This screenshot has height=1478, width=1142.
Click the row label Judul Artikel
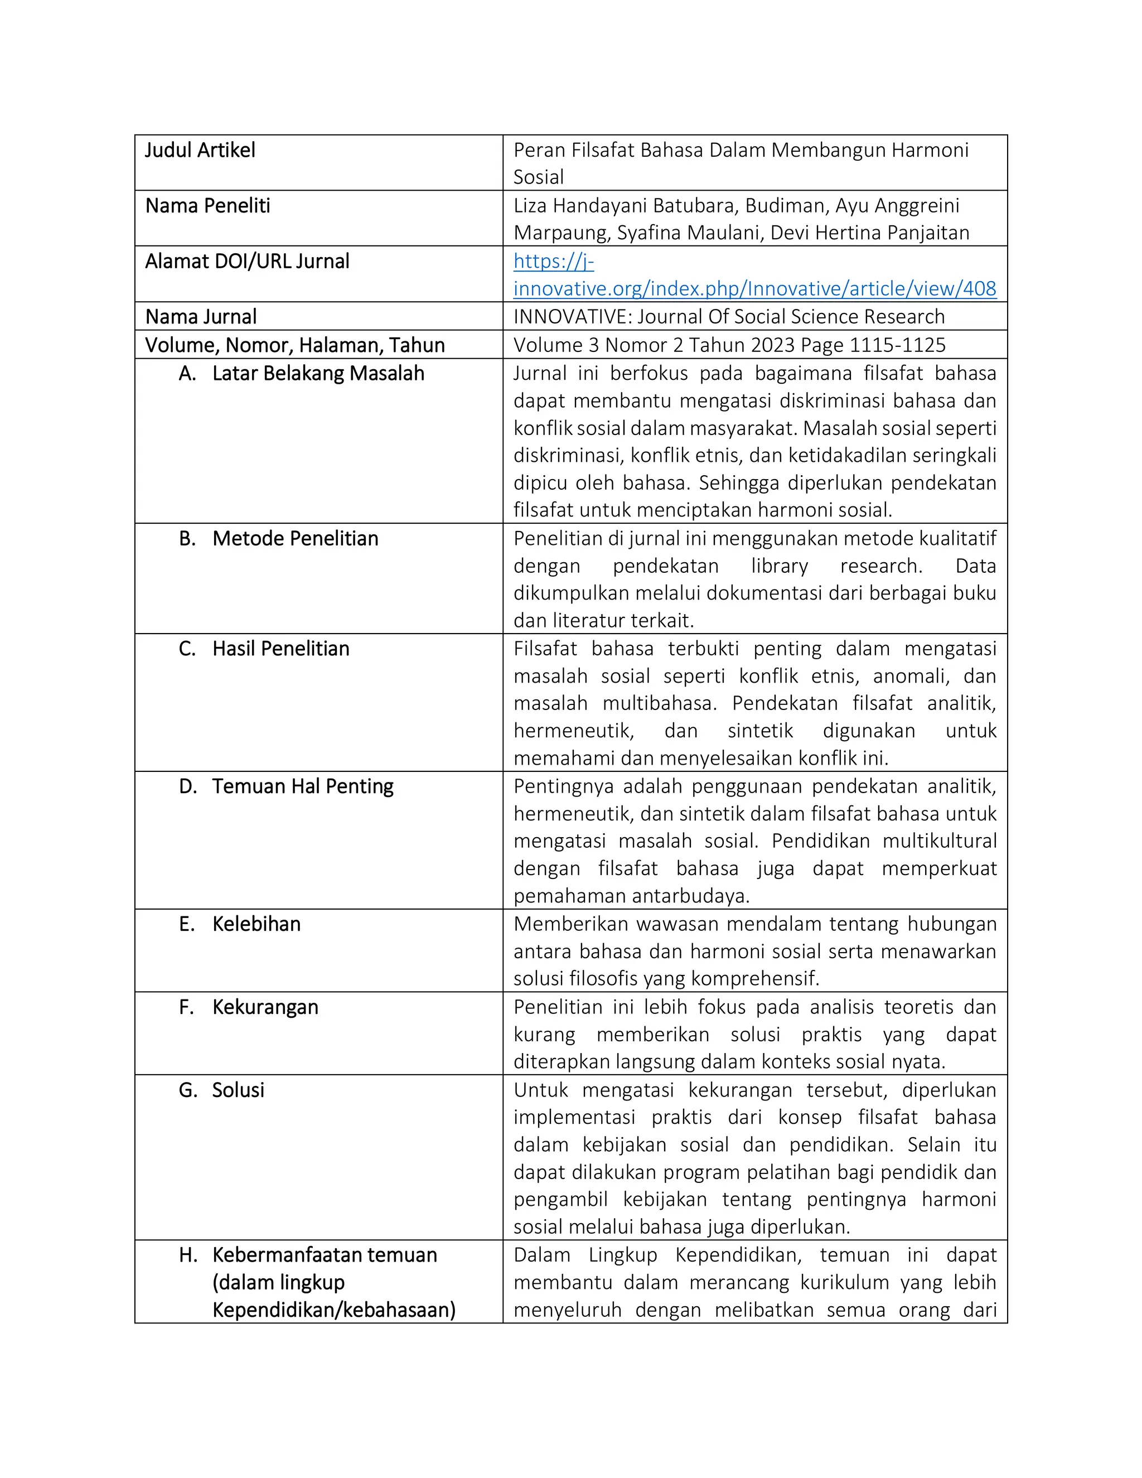coord(200,150)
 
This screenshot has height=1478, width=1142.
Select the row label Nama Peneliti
coord(207,206)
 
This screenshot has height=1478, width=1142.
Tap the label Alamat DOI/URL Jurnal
coord(247,261)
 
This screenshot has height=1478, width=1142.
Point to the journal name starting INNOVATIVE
coord(729,317)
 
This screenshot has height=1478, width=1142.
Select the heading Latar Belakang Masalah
coord(318,374)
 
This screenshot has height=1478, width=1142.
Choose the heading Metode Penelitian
coord(295,539)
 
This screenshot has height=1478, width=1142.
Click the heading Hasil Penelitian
coord(281,649)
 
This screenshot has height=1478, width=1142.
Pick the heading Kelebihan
coord(257,924)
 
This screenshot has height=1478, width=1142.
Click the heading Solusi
coord(238,1090)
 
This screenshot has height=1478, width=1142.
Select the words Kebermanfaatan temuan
coord(325,1255)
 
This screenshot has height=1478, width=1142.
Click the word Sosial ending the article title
coord(539,177)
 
